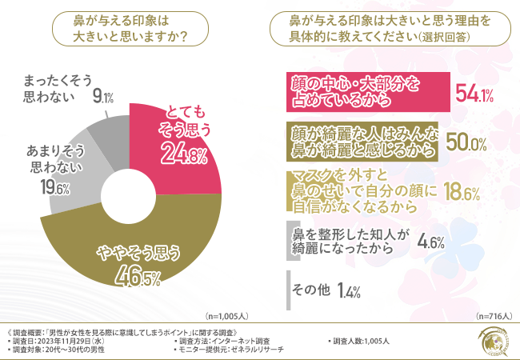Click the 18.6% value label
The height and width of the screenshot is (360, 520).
coord(461,192)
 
